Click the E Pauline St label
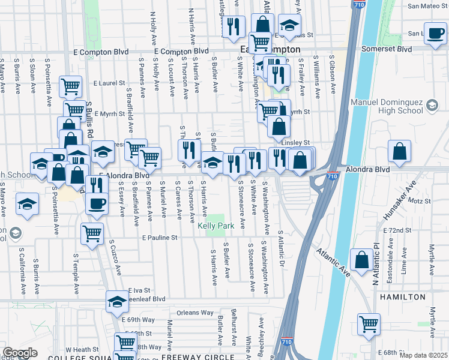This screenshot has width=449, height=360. click(x=160, y=238)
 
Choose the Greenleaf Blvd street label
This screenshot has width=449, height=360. click(x=144, y=298)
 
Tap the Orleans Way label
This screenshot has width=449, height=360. click(x=195, y=313)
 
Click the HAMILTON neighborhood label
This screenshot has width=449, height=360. click(x=402, y=297)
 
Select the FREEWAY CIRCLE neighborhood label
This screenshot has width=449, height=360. click(x=197, y=357)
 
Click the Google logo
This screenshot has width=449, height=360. click(x=20, y=353)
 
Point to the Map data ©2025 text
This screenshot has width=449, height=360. click(x=423, y=355)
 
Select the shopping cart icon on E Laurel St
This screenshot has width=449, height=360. click(x=71, y=86)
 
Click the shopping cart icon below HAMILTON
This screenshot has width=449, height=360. click(x=369, y=324)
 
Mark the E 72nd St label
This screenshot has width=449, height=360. click(x=398, y=230)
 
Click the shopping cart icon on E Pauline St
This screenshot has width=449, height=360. click(x=92, y=233)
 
